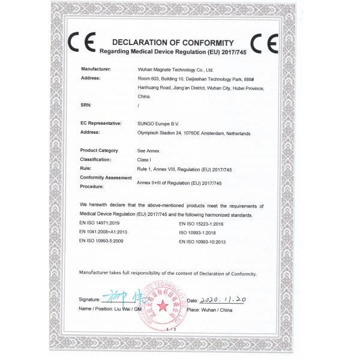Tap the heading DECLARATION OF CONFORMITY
click(172, 43)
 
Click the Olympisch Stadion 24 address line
click(194, 132)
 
